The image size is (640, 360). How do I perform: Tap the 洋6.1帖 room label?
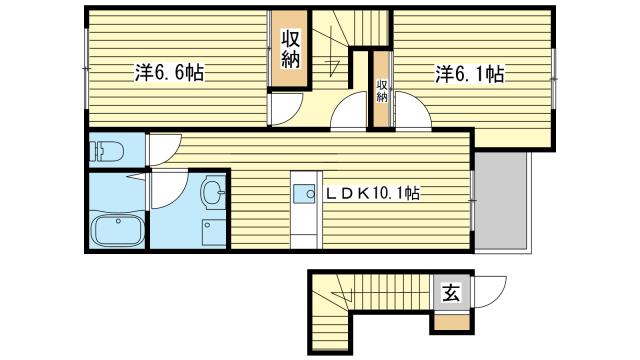tap(468, 73)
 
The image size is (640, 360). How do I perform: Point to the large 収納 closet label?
tap(290, 50)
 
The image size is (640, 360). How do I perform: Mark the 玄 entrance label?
tap(450, 294)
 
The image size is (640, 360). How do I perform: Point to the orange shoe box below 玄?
tap(449, 323)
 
